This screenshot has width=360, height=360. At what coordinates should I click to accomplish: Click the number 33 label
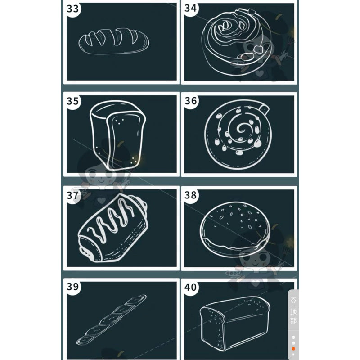click(x=72, y=9)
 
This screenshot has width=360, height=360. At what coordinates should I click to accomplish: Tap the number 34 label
click(x=190, y=8)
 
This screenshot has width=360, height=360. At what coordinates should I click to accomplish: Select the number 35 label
click(x=72, y=101)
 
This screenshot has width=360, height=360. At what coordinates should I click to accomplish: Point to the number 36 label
click(x=190, y=101)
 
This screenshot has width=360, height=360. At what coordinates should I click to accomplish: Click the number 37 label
click(x=72, y=195)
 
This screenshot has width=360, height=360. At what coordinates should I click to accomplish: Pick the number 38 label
click(x=190, y=195)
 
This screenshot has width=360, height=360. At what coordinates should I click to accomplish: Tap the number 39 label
click(x=72, y=287)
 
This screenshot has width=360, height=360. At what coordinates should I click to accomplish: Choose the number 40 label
click(x=190, y=287)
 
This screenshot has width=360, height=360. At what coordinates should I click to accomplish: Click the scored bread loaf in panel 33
click(x=114, y=41)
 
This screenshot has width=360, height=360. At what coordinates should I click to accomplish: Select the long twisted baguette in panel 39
click(x=111, y=319)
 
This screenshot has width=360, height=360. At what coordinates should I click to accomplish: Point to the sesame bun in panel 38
click(x=235, y=229)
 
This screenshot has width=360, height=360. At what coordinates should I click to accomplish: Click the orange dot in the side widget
click(x=293, y=349)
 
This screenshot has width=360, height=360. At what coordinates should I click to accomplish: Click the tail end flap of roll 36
click(x=265, y=109)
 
